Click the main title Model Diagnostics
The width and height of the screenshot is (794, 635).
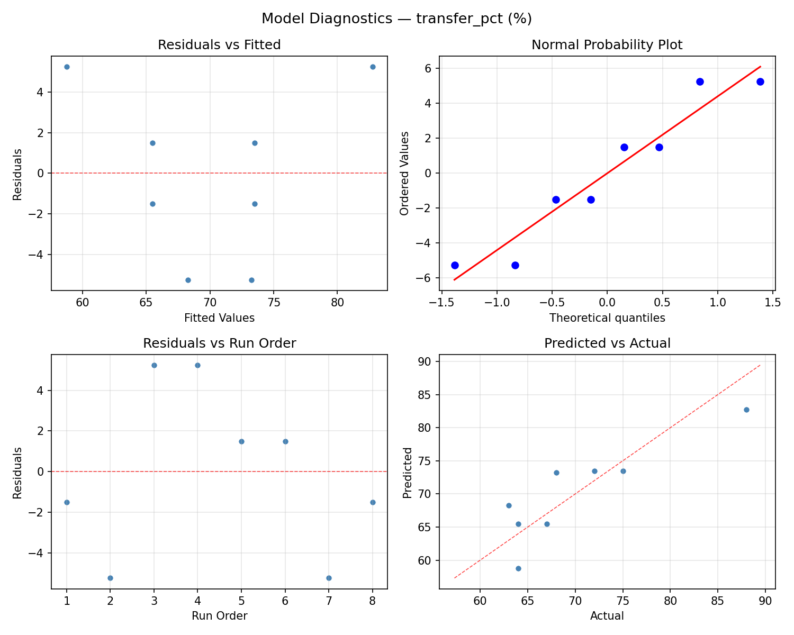coord(396,19)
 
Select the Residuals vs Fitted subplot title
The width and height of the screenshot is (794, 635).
coord(219,45)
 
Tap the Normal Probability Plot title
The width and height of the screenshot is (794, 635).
coord(607,45)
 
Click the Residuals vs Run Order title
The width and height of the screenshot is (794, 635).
coord(219,343)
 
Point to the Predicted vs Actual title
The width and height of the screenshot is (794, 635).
coord(607,343)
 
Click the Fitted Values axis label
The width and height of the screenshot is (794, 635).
coord(219,318)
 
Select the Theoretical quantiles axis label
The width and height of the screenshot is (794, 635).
coord(607,318)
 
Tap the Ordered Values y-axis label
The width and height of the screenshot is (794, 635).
coord(405,173)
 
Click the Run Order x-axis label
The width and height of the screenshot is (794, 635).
coord(219,616)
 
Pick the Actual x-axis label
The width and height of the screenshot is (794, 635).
coord(607,616)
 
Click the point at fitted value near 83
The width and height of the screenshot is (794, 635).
coord(373,67)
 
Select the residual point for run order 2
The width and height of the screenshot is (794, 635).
coord(110,578)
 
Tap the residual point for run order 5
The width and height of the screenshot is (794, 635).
coord(241,441)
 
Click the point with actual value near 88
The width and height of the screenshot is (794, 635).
coord(746,410)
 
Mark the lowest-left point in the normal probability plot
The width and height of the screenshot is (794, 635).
coord(455,265)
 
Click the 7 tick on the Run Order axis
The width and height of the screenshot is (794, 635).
coord(329,601)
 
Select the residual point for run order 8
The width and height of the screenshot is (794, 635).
coord(373,502)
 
